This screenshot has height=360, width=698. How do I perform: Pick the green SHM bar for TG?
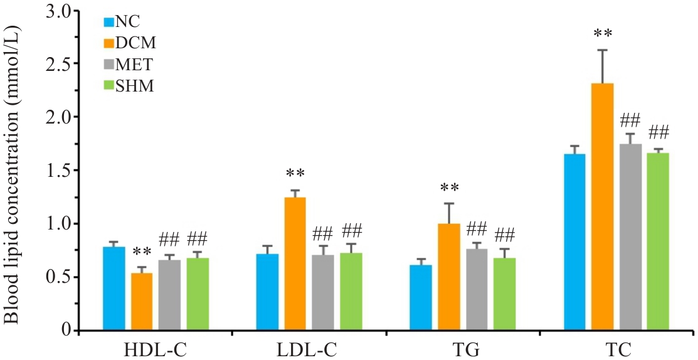click(504, 294)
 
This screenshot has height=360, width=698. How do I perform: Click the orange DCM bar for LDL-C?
click(295, 264)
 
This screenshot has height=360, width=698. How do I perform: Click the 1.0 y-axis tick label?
click(61, 224)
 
